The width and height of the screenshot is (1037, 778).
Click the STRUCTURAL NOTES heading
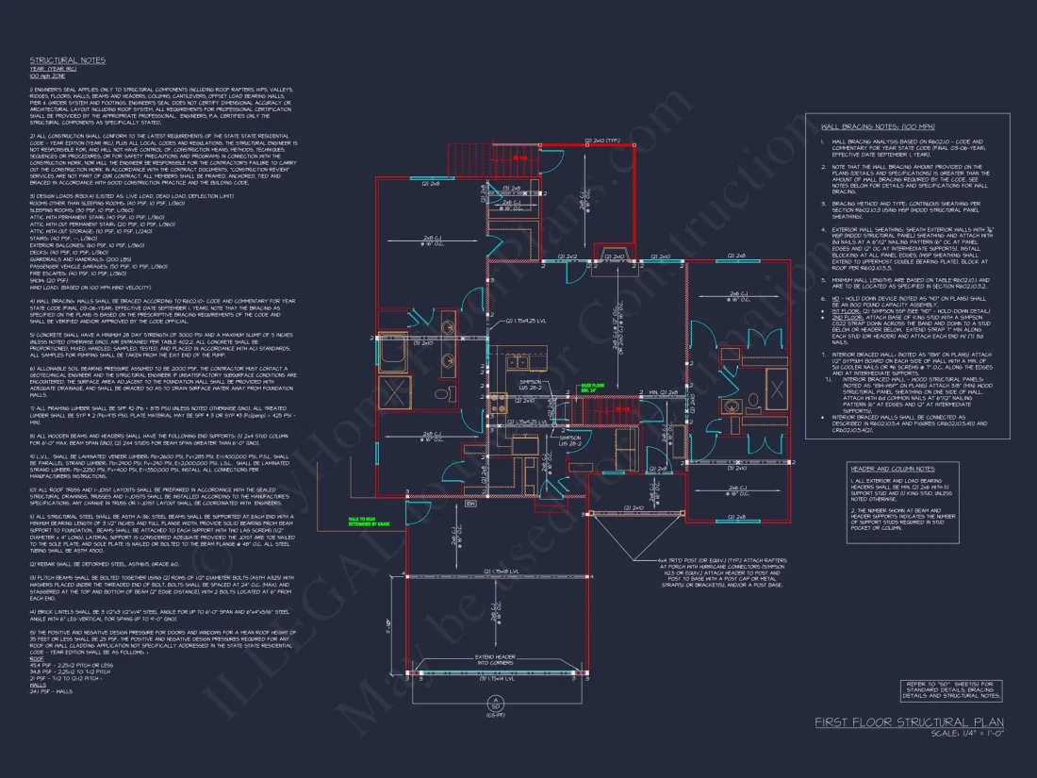67,59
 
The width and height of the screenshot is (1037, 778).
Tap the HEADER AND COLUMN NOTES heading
891,469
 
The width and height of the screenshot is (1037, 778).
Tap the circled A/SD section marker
493,704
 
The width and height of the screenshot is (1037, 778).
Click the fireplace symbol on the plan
617,256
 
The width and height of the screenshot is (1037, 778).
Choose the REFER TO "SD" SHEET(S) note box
952,690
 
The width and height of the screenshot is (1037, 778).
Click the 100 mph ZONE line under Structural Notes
45,74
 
